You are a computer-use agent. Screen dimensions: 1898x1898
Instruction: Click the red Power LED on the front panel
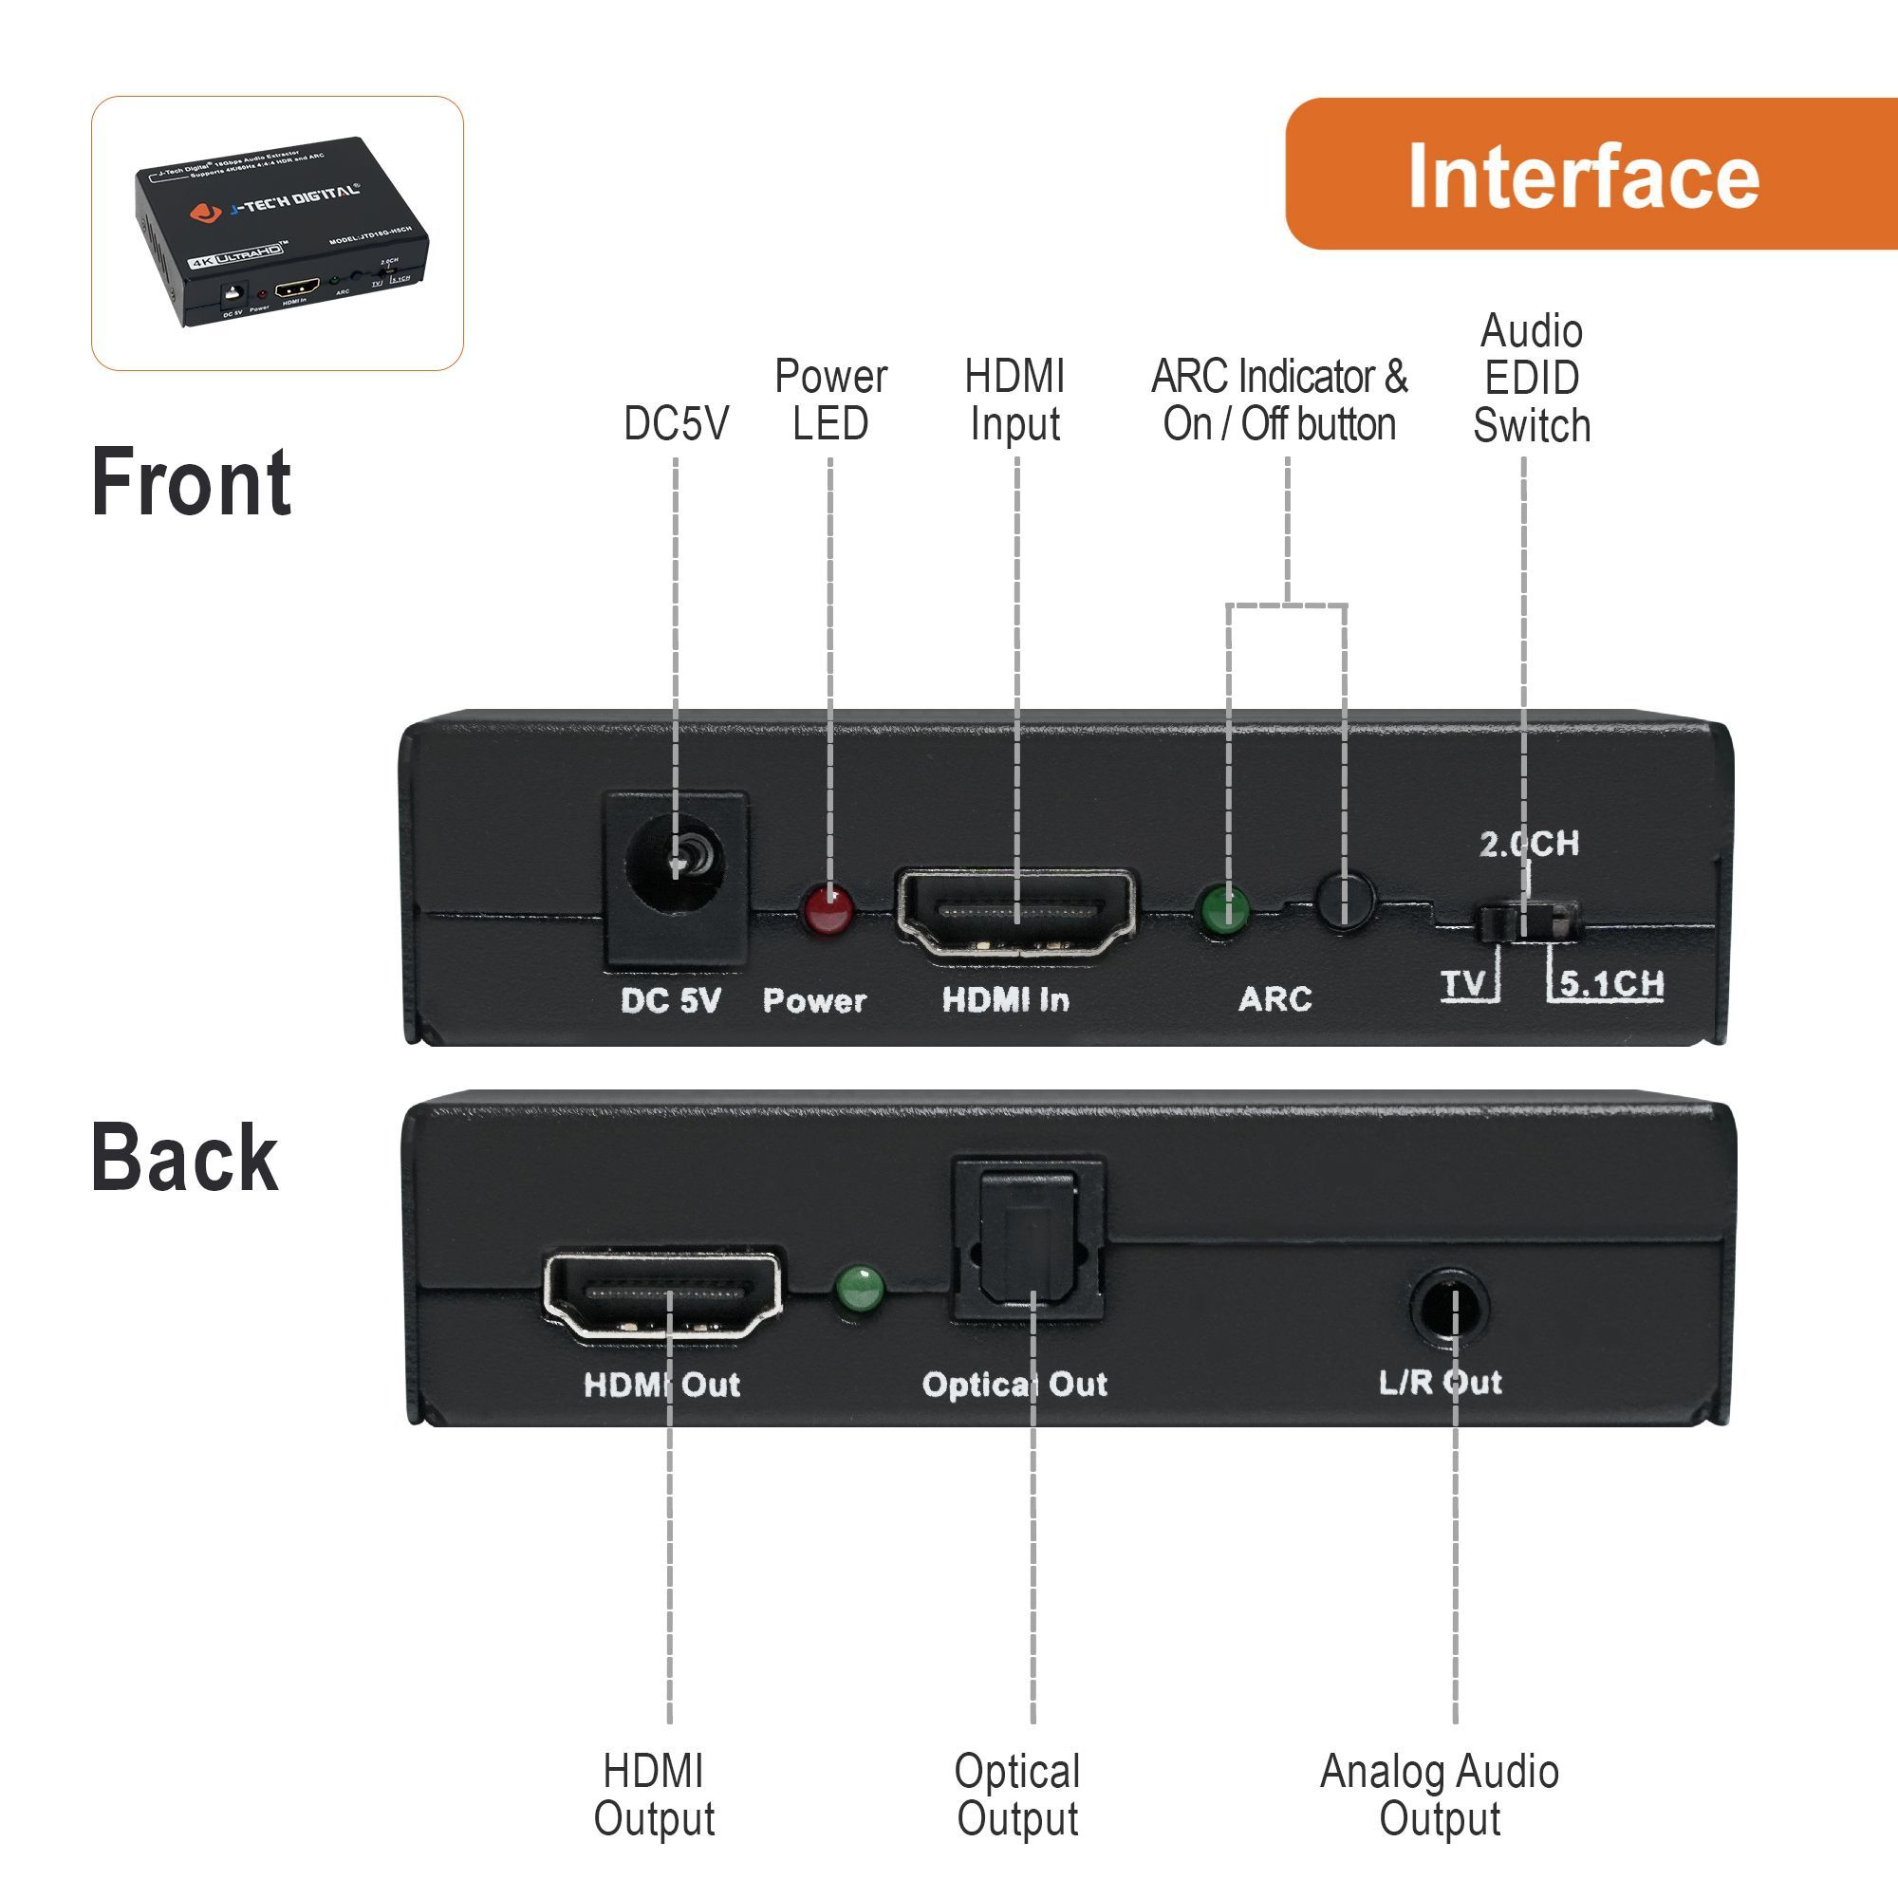click(828, 910)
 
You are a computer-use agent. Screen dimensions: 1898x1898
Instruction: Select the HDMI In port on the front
click(1016, 913)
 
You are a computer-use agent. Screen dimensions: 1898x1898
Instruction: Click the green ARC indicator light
click(1224, 909)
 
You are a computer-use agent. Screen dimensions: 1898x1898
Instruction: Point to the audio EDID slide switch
click(1528, 921)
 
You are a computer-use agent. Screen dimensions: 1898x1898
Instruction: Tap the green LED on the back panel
click(860, 1289)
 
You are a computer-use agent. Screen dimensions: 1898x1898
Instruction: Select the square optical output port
click(1029, 1239)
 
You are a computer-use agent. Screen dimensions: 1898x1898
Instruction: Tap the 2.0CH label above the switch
click(1529, 843)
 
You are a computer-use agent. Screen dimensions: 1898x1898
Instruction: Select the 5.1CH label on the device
click(1611, 983)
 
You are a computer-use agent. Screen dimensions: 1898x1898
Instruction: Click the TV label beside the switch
click(1463, 983)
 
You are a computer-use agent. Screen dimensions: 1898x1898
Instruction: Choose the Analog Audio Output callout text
click(1440, 1795)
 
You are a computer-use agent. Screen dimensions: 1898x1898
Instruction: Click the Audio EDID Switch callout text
click(1531, 379)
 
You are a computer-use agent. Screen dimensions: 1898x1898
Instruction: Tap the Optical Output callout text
click(1017, 1795)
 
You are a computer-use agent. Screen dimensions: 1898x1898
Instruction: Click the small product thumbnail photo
click(277, 233)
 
